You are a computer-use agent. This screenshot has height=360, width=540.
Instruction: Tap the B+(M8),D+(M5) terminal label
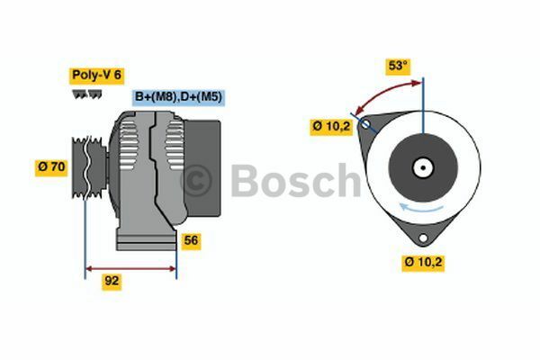[x=178, y=96]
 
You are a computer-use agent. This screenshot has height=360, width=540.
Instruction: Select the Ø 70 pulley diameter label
[x=50, y=166]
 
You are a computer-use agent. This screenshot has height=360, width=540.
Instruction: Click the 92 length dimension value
[x=112, y=281]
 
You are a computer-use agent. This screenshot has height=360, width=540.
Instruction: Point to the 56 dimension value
[x=190, y=240]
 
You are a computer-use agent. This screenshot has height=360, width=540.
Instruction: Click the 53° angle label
[x=397, y=66]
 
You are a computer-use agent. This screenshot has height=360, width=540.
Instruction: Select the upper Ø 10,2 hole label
[x=331, y=127]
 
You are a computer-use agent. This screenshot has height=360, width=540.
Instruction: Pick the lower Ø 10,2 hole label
[x=424, y=262]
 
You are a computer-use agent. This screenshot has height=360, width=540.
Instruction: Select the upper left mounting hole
[x=365, y=126]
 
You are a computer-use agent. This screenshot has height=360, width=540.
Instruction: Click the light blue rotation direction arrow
[x=423, y=209]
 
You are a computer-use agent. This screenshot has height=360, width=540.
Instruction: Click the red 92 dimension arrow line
[x=130, y=267]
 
